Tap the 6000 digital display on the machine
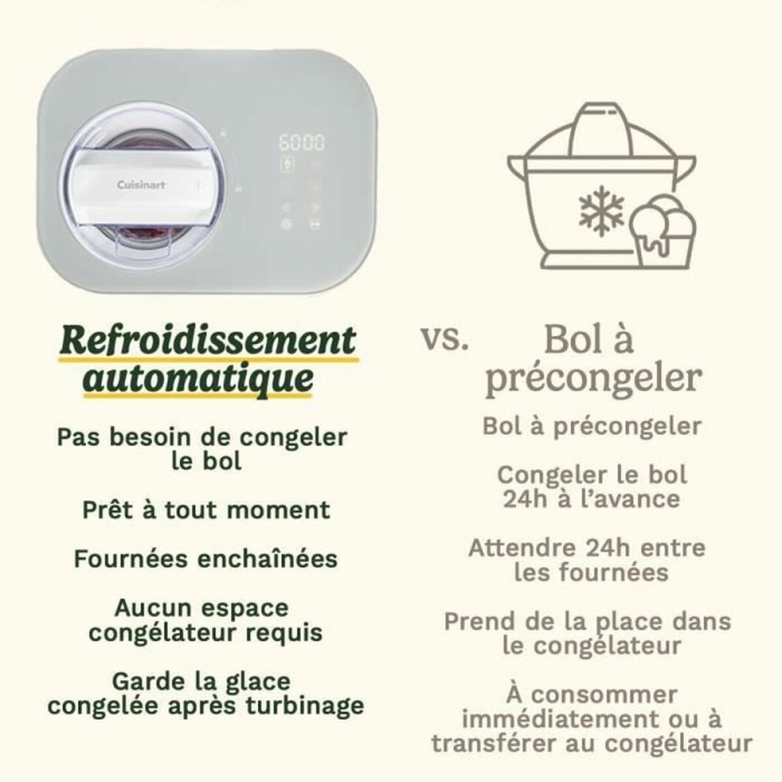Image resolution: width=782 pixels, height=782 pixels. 302,143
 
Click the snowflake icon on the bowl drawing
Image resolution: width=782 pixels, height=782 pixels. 601,210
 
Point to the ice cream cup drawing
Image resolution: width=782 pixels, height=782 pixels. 664,228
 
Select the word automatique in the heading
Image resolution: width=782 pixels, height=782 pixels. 199,379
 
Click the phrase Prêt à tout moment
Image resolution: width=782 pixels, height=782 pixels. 206,510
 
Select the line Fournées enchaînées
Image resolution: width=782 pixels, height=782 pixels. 206,559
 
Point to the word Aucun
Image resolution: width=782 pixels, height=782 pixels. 152,608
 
